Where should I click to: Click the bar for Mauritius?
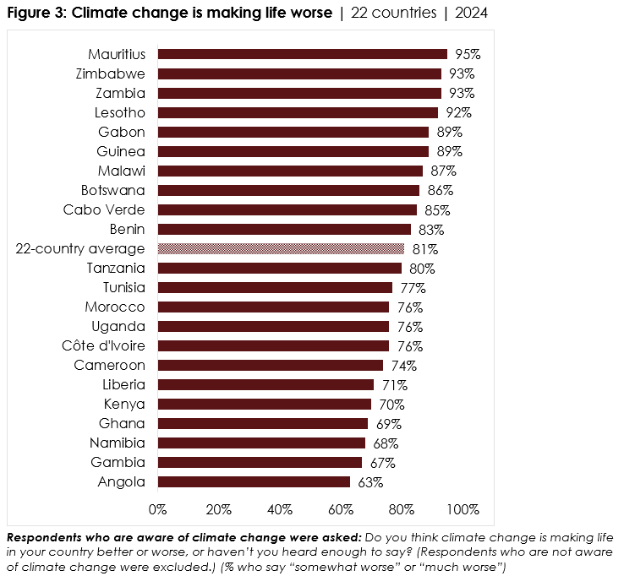point(302,54)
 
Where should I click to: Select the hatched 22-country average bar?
point(281,249)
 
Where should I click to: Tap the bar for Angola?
point(254,482)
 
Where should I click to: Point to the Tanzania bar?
point(279,269)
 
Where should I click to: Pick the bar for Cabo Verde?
point(287,209)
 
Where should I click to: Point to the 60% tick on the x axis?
point(341,509)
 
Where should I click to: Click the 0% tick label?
point(158,509)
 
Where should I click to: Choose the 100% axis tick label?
point(463,509)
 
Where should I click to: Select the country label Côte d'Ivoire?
point(103,346)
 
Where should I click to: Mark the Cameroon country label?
point(110,366)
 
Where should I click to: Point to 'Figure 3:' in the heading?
point(34,14)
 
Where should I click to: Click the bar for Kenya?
point(265,405)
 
